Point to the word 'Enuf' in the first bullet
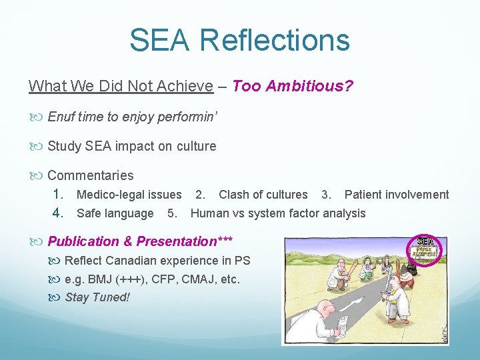[x=62, y=117]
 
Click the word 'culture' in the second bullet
[x=196, y=146]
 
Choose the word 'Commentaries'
[x=90, y=175]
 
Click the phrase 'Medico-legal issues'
[x=129, y=195]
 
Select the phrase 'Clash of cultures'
[x=263, y=195]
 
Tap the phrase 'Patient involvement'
[x=397, y=195]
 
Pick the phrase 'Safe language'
[x=115, y=213]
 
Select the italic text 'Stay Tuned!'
[x=97, y=297]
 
